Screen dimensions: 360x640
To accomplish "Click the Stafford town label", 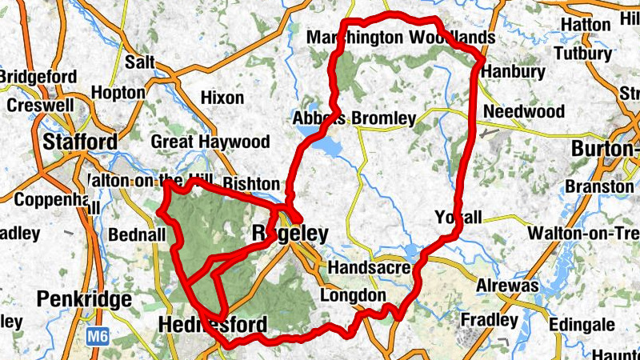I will (x=80, y=142).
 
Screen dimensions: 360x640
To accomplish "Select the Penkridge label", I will (x=84, y=300).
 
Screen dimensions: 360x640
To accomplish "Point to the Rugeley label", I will (x=290, y=234).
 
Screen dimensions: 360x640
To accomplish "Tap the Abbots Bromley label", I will (x=354, y=118).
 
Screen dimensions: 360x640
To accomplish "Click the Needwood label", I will (x=525, y=110).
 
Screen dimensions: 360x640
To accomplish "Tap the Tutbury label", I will (x=582, y=54).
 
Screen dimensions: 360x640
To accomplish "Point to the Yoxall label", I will (x=459, y=218).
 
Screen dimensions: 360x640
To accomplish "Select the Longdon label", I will (x=353, y=296).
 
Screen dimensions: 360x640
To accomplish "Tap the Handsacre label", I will (x=369, y=266).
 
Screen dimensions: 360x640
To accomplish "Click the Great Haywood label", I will (x=210, y=142).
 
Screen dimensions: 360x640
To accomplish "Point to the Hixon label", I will (x=222, y=98).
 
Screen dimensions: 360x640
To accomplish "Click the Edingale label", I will (x=582, y=326).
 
